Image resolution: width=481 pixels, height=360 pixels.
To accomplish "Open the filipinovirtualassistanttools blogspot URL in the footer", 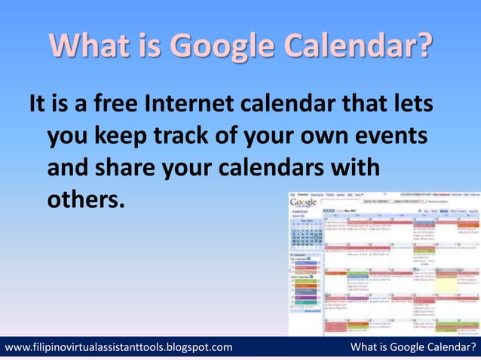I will (x=118, y=347).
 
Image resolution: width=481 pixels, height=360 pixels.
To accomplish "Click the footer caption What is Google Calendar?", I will (x=414, y=347).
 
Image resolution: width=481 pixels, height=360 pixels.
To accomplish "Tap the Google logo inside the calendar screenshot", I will (x=303, y=202).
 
